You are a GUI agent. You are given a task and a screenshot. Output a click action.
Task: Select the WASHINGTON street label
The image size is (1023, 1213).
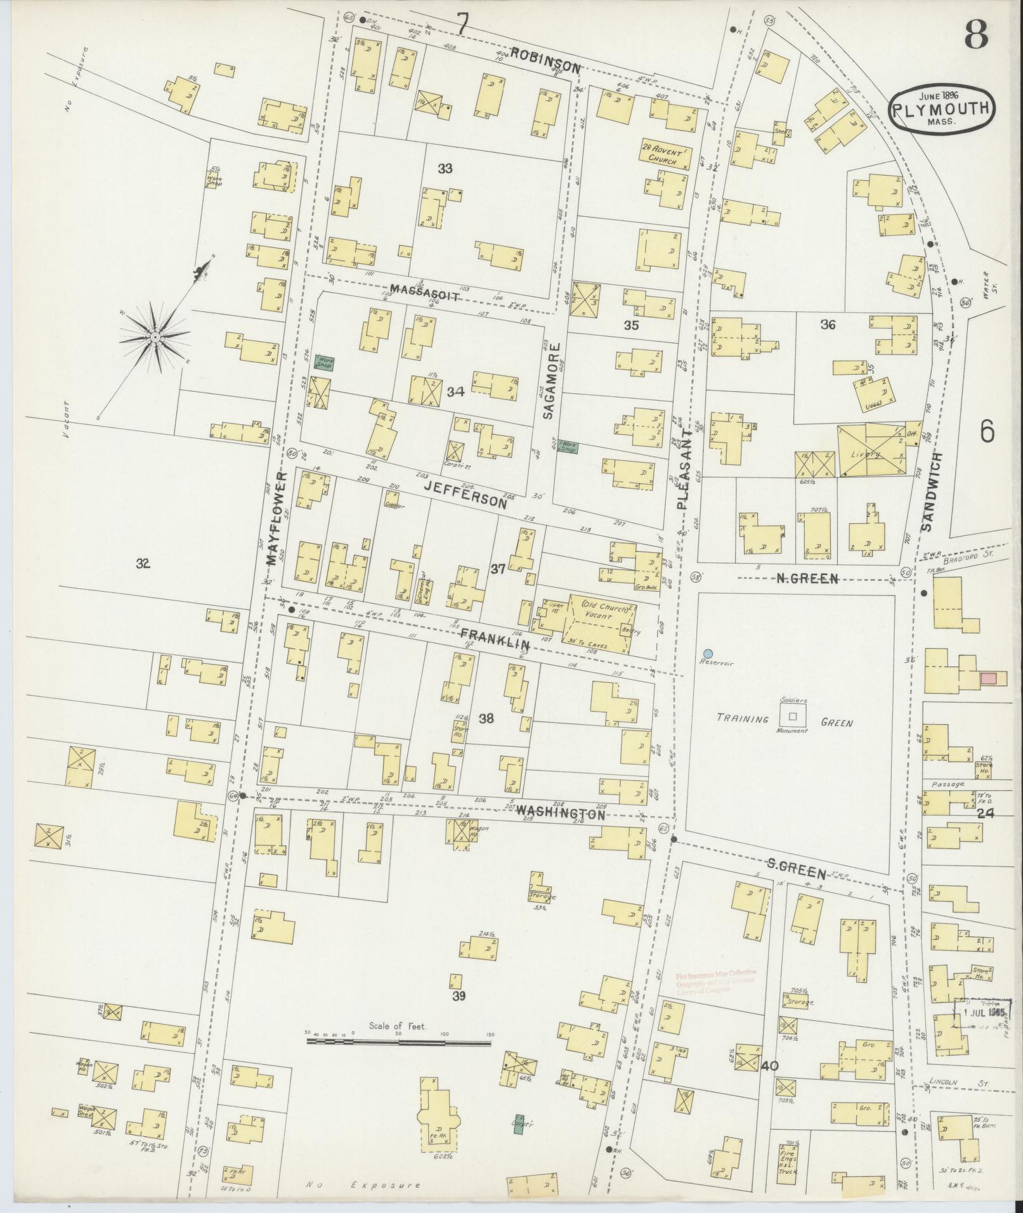pyautogui.click(x=560, y=812)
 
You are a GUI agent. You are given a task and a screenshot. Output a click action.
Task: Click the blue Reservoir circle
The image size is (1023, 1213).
pyautogui.click(x=708, y=653)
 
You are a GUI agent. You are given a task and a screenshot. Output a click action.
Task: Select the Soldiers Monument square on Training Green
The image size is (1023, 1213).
pyautogui.click(x=792, y=716)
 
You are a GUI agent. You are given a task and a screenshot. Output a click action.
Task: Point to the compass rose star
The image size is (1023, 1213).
pyautogui.click(x=155, y=337)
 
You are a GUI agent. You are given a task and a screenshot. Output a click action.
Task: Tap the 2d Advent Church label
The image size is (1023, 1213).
pyautogui.click(x=663, y=156)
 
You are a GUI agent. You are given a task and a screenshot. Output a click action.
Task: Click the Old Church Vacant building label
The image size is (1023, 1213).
pyautogui.click(x=600, y=611)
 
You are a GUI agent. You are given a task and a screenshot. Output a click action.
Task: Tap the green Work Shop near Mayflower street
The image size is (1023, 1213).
pyautogui.click(x=325, y=363)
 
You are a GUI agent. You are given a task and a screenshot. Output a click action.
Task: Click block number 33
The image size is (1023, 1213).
pyautogui.click(x=445, y=169)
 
